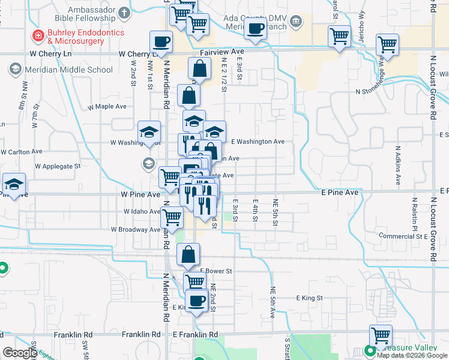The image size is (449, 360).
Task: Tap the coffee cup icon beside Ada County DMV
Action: [x=256, y=28]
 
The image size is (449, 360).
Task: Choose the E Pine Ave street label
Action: [x=339, y=193]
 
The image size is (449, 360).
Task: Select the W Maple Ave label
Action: [x=107, y=106]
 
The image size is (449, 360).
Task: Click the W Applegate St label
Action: [x=58, y=165]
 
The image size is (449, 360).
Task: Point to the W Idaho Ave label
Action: [x=142, y=212]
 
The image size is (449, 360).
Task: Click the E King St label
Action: [x=310, y=298]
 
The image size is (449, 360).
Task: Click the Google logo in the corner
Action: [x=20, y=353]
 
